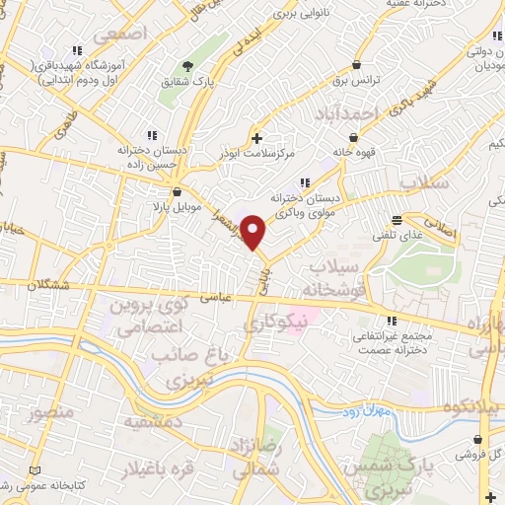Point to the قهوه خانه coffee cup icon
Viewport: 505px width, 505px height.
click(353, 137)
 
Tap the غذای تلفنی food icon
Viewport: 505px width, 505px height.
click(397, 219)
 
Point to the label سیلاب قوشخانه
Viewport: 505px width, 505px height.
click(341, 278)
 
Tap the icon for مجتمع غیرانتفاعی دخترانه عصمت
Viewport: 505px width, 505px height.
click(393, 321)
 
